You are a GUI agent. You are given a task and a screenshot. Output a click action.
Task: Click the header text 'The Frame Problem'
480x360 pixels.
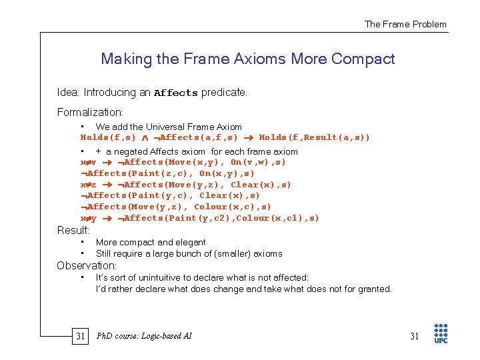coord(405,24)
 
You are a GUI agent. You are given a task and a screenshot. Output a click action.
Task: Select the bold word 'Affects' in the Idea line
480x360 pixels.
coord(176,93)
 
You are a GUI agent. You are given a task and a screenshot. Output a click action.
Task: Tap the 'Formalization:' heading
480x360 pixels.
coord(91,112)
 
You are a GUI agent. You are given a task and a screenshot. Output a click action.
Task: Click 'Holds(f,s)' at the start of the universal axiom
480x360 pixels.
coord(108,138)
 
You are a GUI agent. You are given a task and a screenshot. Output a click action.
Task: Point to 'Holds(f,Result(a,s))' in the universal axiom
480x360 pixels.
coord(314,138)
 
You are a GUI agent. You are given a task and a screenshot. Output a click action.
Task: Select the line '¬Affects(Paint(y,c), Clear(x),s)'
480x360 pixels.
coord(171,196)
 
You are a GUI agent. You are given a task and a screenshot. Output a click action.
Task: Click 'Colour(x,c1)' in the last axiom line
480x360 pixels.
coord(267,219)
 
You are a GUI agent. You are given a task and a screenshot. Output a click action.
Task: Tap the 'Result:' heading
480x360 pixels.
coord(73,230)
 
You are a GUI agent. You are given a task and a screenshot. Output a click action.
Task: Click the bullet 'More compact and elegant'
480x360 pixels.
coord(151,242)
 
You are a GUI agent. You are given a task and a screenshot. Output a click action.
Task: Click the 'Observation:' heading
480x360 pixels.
coord(87,265)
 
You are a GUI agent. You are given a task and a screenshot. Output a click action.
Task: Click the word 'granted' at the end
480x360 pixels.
coord(374,289)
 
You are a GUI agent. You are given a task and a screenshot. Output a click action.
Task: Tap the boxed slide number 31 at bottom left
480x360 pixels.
coord(80,336)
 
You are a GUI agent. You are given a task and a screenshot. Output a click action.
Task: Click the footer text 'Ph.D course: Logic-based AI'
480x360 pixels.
coord(144,336)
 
